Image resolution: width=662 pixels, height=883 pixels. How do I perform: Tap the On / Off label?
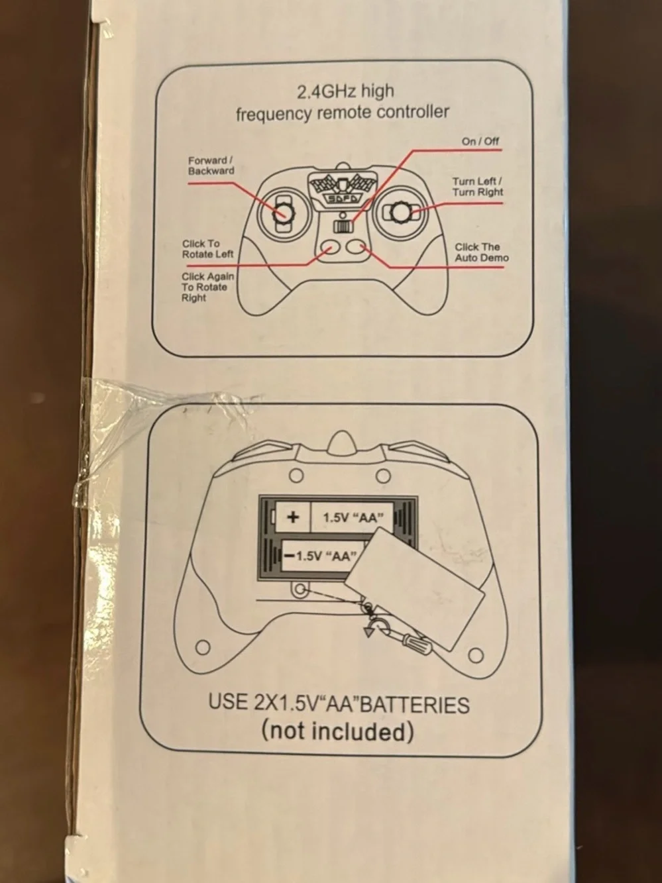click(x=480, y=141)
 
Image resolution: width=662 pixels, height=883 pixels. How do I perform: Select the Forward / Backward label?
click(x=211, y=166)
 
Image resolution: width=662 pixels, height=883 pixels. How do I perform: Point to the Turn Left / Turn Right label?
click(x=477, y=187)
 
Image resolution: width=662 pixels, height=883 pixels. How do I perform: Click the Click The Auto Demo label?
click(x=482, y=252)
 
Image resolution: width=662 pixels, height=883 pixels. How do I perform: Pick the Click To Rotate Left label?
click(x=207, y=249)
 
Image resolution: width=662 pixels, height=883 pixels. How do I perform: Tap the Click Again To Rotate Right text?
click(x=207, y=287)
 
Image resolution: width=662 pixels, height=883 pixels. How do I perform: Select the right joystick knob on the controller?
click(x=401, y=212)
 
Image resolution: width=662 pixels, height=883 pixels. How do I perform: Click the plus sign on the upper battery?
click(x=294, y=517)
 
